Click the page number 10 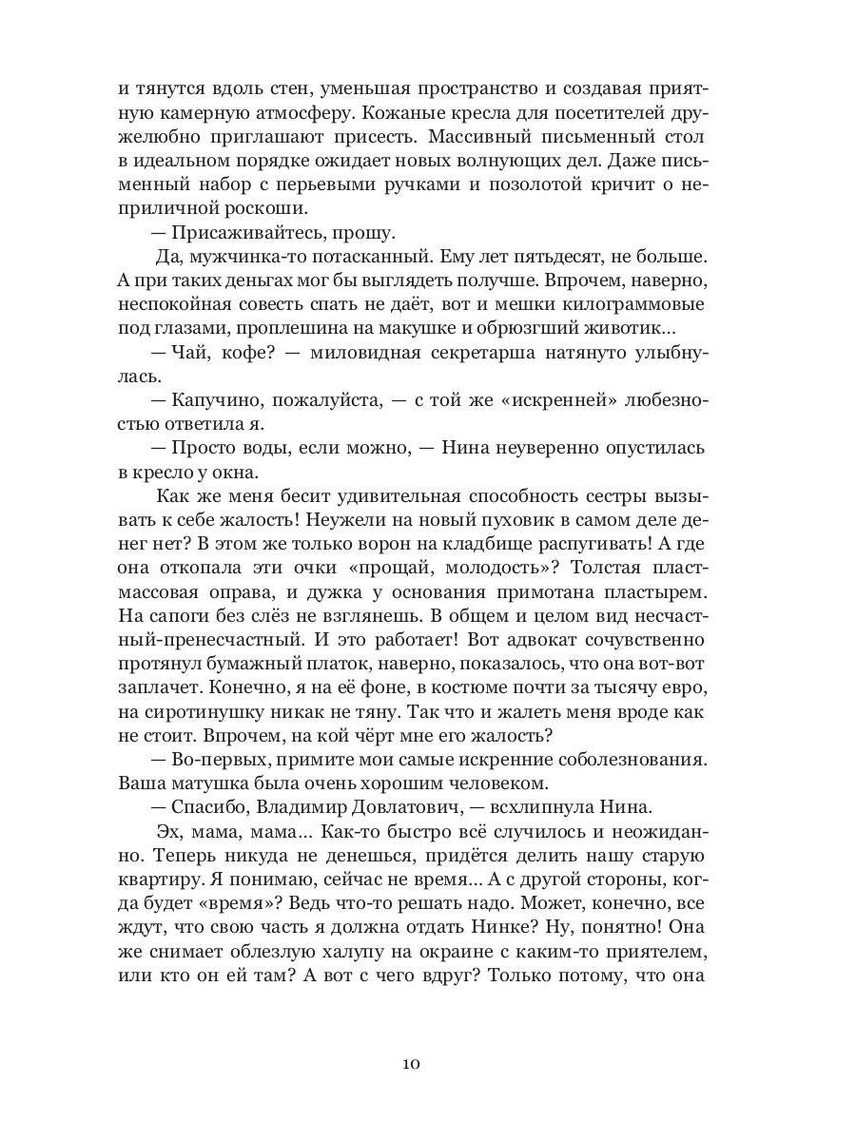[411, 1063]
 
